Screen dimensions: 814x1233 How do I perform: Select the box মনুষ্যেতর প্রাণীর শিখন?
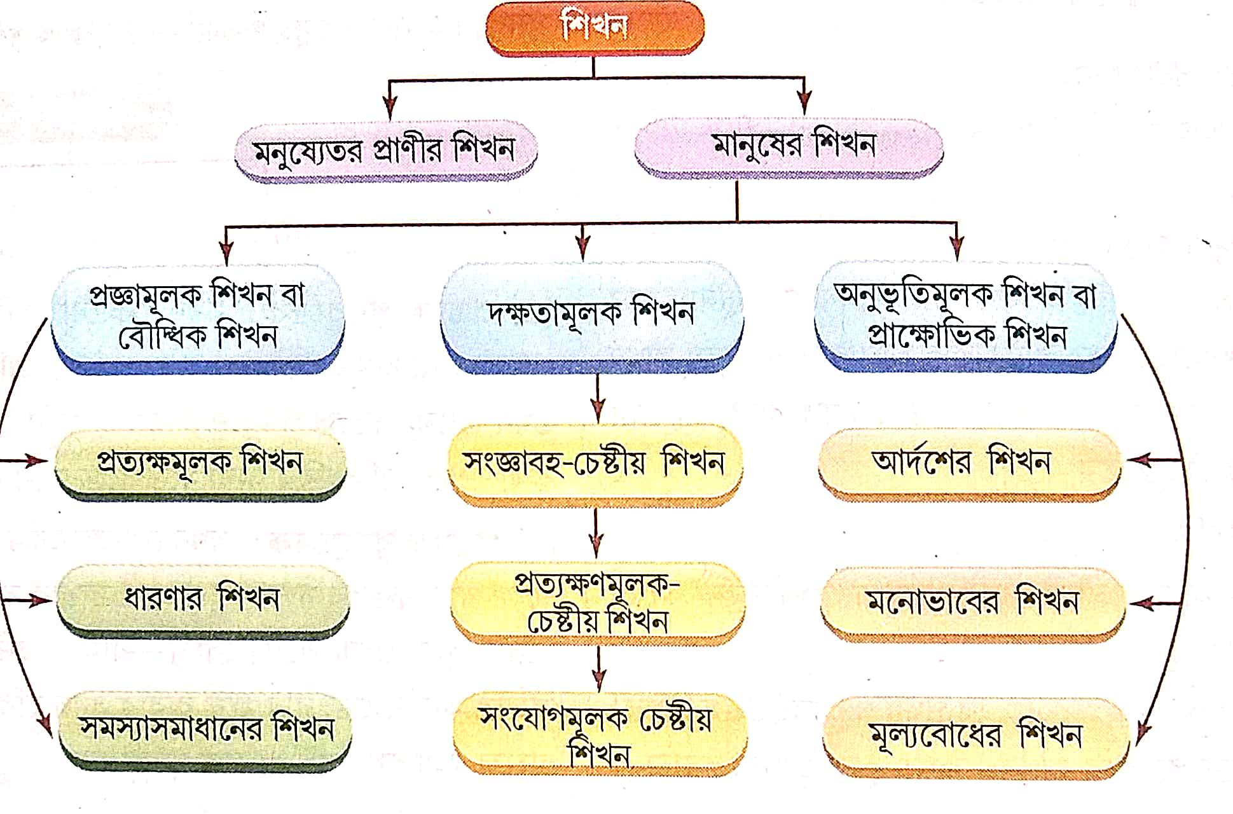click(x=385, y=150)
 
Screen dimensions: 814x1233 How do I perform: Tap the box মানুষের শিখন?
click(x=789, y=146)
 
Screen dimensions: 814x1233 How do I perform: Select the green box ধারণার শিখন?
click(x=202, y=599)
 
